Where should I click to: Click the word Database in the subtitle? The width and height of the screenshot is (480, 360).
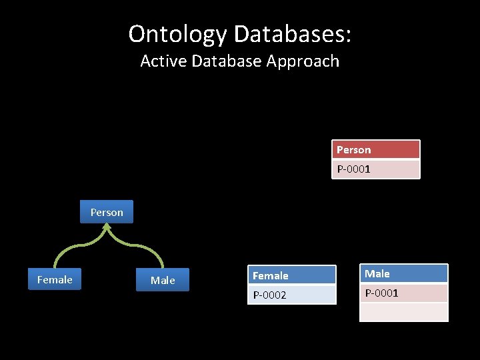[x=227, y=61]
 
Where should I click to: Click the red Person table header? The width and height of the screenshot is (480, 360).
[x=376, y=149]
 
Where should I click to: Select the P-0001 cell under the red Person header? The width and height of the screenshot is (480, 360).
[x=376, y=169]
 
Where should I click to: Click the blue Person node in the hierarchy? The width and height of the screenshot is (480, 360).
[x=107, y=212]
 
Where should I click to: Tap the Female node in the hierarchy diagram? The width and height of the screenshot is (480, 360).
[x=55, y=280]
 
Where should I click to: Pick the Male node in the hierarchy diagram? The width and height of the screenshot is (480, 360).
[x=163, y=281]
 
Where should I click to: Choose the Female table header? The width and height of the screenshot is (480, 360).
[x=291, y=275]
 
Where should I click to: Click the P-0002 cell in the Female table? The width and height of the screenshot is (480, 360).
[x=291, y=295]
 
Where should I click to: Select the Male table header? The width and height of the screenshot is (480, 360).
[x=403, y=273]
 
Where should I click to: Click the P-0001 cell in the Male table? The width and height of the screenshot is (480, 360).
[x=403, y=293]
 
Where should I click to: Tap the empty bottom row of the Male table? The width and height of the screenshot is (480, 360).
[x=403, y=312]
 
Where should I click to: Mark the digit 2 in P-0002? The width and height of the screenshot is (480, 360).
[x=283, y=295]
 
